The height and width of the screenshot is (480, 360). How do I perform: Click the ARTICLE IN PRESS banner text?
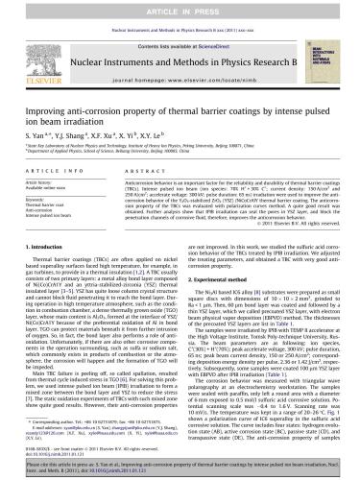point(180,9)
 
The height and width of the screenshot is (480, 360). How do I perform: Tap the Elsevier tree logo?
point(38,54)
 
